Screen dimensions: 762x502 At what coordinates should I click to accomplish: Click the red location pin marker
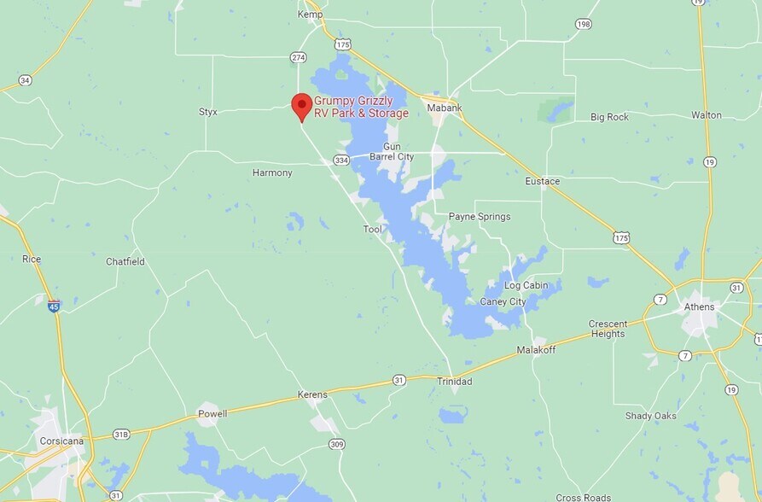click(301, 106)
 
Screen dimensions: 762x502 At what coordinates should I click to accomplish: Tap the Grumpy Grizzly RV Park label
click(361, 107)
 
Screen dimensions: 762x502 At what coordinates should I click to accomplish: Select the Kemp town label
click(310, 15)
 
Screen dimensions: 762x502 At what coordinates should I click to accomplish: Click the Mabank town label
click(445, 108)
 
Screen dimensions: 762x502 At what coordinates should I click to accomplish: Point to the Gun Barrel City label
click(392, 152)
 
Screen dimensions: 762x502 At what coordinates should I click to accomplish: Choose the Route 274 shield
click(298, 57)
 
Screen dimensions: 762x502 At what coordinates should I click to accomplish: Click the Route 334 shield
click(341, 160)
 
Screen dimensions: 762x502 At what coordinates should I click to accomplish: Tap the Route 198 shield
click(584, 24)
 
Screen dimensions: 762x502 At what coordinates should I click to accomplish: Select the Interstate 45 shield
click(54, 306)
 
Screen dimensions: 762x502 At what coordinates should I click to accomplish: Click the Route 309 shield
click(336, 444)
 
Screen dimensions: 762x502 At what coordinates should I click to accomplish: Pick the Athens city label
click(700, 306)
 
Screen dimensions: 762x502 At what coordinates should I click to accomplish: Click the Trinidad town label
click(454, 382)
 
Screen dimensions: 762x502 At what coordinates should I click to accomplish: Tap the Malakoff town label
click(537, 350)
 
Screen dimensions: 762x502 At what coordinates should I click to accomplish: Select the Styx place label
click(208, 112)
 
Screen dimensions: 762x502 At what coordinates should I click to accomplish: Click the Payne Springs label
click(480, 217)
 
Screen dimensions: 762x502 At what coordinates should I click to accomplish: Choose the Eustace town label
click(543, 181)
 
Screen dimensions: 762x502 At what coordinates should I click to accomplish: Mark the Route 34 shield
click(25, 80)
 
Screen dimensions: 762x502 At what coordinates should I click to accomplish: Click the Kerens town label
click(312, 394)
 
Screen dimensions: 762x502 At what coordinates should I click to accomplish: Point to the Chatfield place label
click(125, 261)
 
